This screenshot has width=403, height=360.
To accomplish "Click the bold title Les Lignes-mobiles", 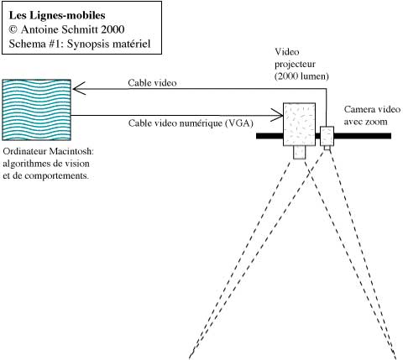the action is point(57,15).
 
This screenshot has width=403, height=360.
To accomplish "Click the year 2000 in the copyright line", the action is point(113,29).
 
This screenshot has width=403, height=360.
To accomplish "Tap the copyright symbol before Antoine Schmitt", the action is point(13,29).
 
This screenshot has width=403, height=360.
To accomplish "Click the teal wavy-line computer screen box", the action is point(36,110).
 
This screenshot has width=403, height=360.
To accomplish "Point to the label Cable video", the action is point(152,83).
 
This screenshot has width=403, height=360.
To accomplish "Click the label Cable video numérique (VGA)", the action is point(191,123).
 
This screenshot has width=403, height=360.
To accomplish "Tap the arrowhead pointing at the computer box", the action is point(78,89).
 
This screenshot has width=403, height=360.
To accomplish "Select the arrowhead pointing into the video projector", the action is point(278,115).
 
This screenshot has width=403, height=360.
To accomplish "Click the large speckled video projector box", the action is point(300,124).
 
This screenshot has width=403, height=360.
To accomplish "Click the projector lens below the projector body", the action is point(299,153).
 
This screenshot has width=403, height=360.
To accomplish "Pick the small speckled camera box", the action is point(327,136).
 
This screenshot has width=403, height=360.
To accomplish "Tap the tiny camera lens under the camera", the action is point(327,148).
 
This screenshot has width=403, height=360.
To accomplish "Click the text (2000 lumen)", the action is point(301,76).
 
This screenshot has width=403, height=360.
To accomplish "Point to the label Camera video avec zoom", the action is point(372,115).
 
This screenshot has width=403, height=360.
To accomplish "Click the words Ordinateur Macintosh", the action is point(49,151).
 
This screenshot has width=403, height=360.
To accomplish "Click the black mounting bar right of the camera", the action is point(363,136).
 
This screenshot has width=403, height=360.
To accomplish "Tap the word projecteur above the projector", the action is point(295,64).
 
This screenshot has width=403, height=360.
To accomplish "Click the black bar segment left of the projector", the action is point(270,136).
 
